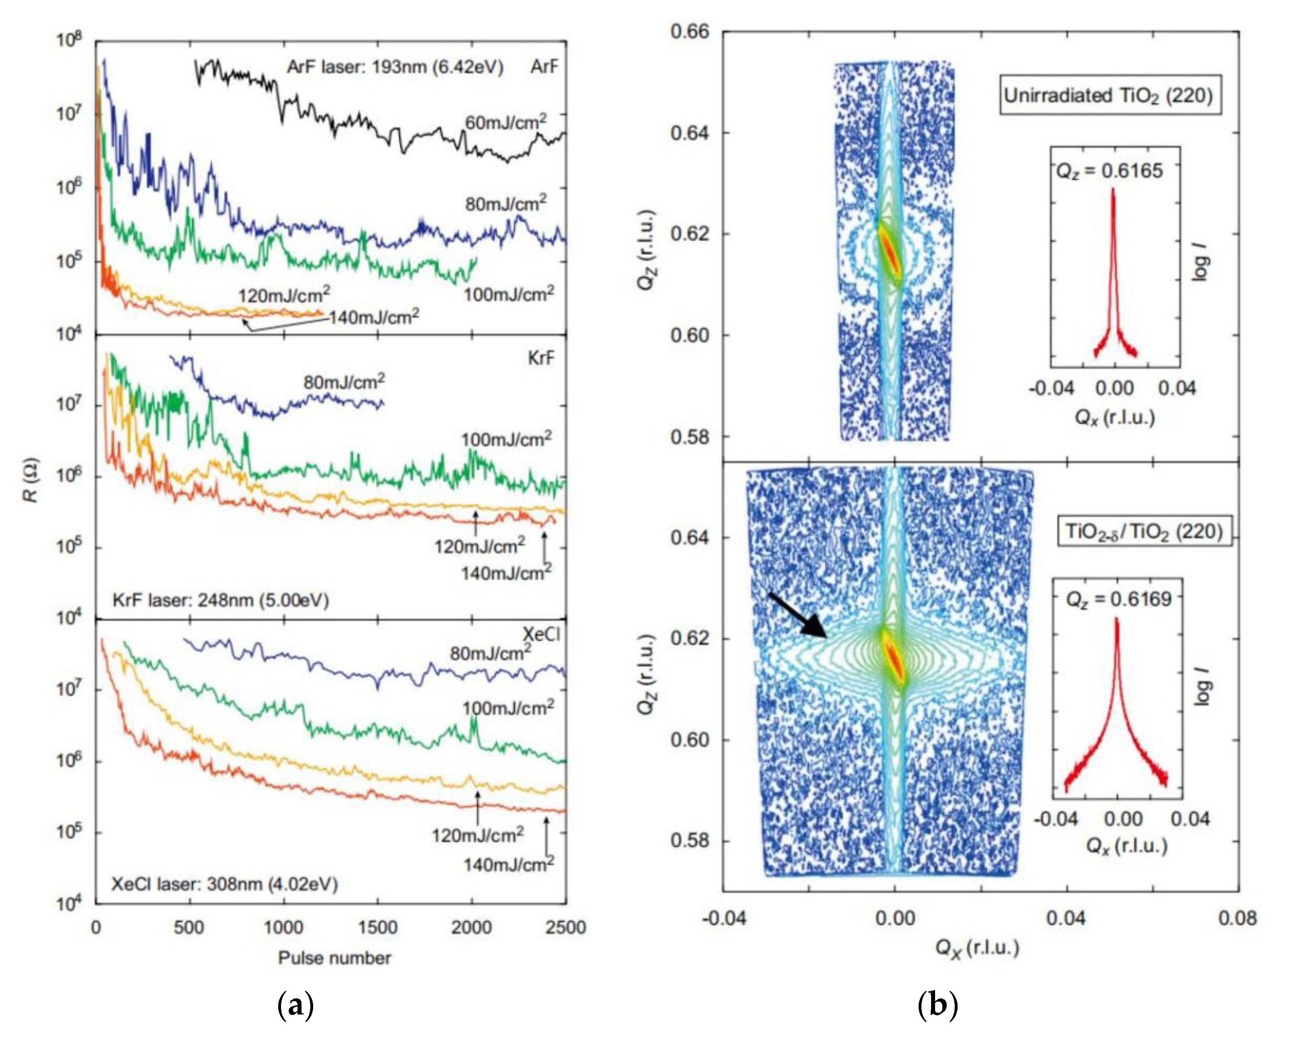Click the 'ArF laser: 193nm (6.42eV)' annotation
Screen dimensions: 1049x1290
click(x=395, y=67)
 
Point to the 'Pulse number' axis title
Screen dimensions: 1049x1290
click(x=334, y=958)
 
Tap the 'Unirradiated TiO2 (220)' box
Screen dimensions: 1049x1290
click(x=1108, y=96)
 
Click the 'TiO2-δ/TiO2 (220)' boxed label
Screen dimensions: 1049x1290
click(x=1144, y=532)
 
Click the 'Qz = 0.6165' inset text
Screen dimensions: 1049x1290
click(x=1109, y=171)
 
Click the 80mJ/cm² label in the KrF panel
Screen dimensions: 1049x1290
click(x=344, y=383)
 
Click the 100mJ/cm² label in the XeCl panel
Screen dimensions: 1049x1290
click(x=507, y=708)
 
